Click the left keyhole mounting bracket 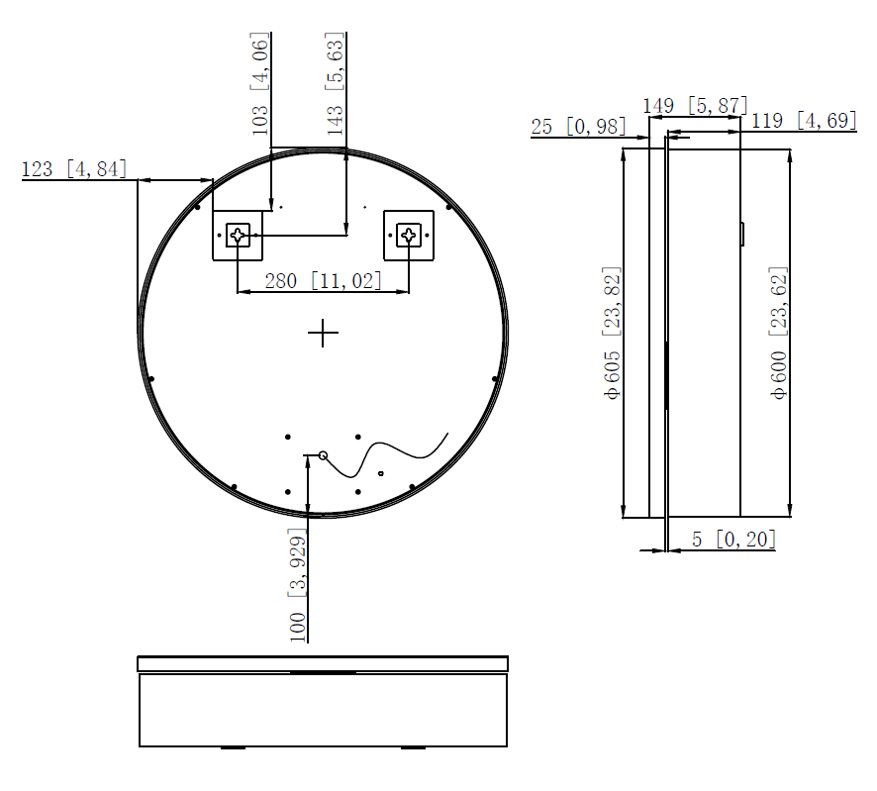pyautogui.click(x=239, y=235)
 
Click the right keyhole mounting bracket pyautogui.click(x=409, y=235)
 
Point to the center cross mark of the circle pyautogui.click(x=323, y=334)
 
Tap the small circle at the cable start pyautogui.click(x=323, y=454)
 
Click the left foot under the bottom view pyautogui.click(x=233, y=748)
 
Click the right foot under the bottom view pyautogui.click(x=413, y=748)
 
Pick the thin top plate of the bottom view pyautogui.click(x=323, y=663)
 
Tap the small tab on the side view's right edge pyautogui.click(x=742, y=234)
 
